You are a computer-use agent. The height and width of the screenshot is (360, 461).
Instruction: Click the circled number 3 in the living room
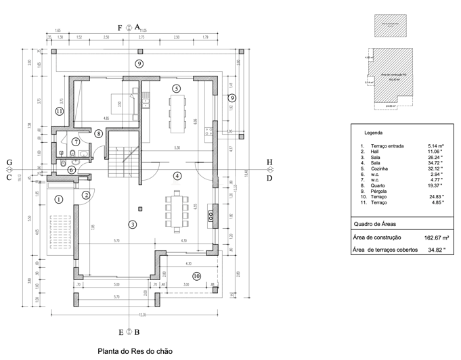(133, 225)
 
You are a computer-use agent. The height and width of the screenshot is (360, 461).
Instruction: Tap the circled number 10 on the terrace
(196, 275)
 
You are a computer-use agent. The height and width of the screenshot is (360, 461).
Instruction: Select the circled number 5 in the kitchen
(176, 89)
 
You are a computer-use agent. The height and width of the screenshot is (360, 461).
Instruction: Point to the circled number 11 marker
(60, 112)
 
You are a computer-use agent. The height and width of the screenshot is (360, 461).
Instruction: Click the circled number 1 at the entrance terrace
(58, 199)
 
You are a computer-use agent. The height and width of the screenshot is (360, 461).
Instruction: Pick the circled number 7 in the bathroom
(76, 141)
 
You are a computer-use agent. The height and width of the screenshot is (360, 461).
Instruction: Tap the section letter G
(9, 162)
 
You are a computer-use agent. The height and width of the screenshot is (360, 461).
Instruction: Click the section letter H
(269, 162)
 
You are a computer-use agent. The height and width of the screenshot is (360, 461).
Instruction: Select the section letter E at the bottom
(120, 332)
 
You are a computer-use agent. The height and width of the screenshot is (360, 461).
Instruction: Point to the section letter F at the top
(120, 28)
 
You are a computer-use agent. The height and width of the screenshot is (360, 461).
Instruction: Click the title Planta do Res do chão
(135, 351)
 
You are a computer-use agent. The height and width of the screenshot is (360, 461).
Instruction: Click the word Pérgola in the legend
(379, 191)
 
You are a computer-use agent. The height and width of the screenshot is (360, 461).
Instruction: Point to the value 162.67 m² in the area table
(437, 238)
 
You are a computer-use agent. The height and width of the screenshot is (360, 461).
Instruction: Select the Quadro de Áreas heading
(375, 223)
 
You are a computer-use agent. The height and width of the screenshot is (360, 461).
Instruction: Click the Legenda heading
(374, 133)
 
